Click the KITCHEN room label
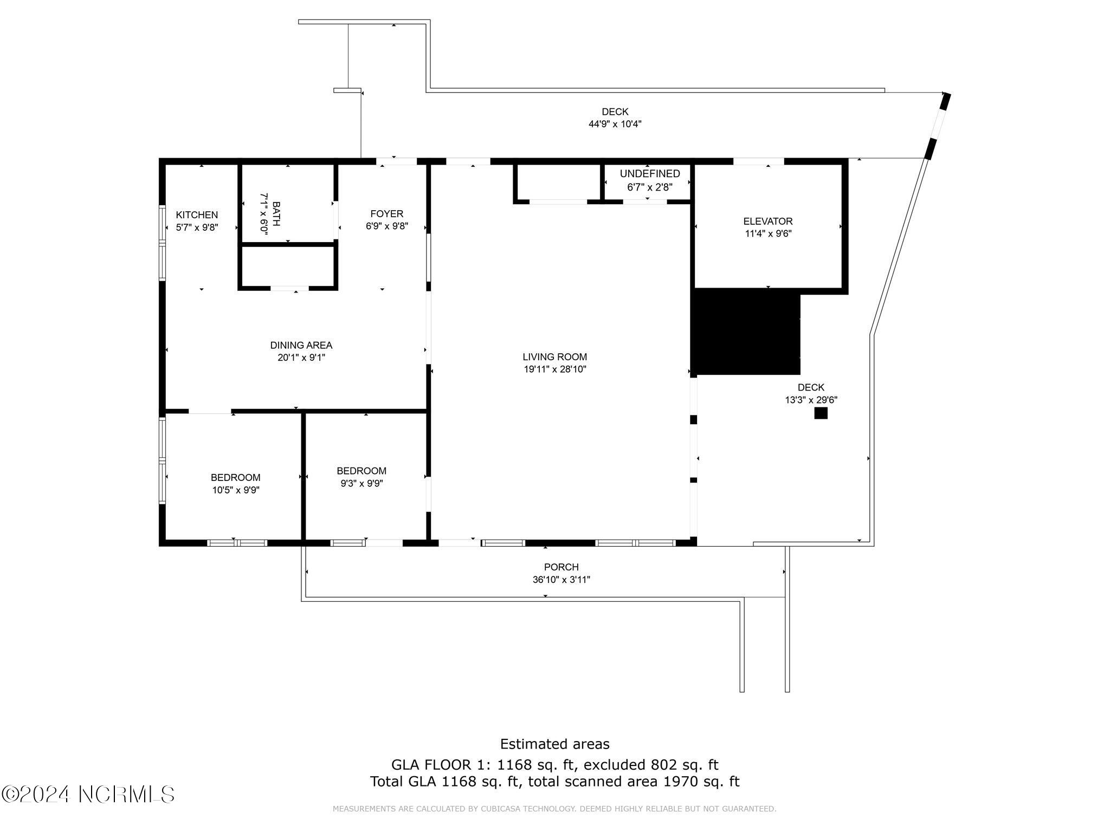click(197, 215)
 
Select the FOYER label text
click(386, 214)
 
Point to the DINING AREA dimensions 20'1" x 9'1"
click(301, 357)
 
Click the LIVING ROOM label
click(554, 357)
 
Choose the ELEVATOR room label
click(767, 221)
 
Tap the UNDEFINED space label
click(650, 174)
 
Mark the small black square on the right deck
click(821, 413)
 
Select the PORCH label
click(561, 567)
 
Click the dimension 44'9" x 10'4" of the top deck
click(615, 124)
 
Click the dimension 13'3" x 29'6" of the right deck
click(811, 400)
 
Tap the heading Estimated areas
click(554, 744)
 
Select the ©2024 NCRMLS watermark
click(88, 795)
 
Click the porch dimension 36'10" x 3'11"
click(561, 580)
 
